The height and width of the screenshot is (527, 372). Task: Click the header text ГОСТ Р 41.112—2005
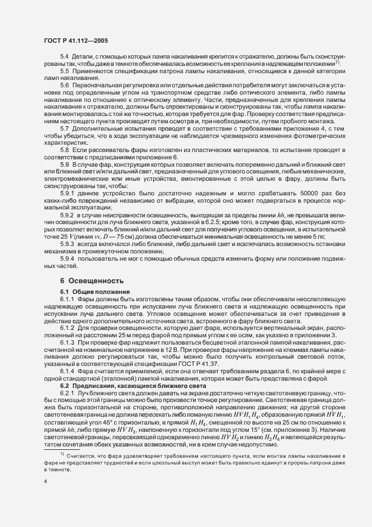(76, 40)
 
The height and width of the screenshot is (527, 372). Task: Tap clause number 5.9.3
(66, 244)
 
